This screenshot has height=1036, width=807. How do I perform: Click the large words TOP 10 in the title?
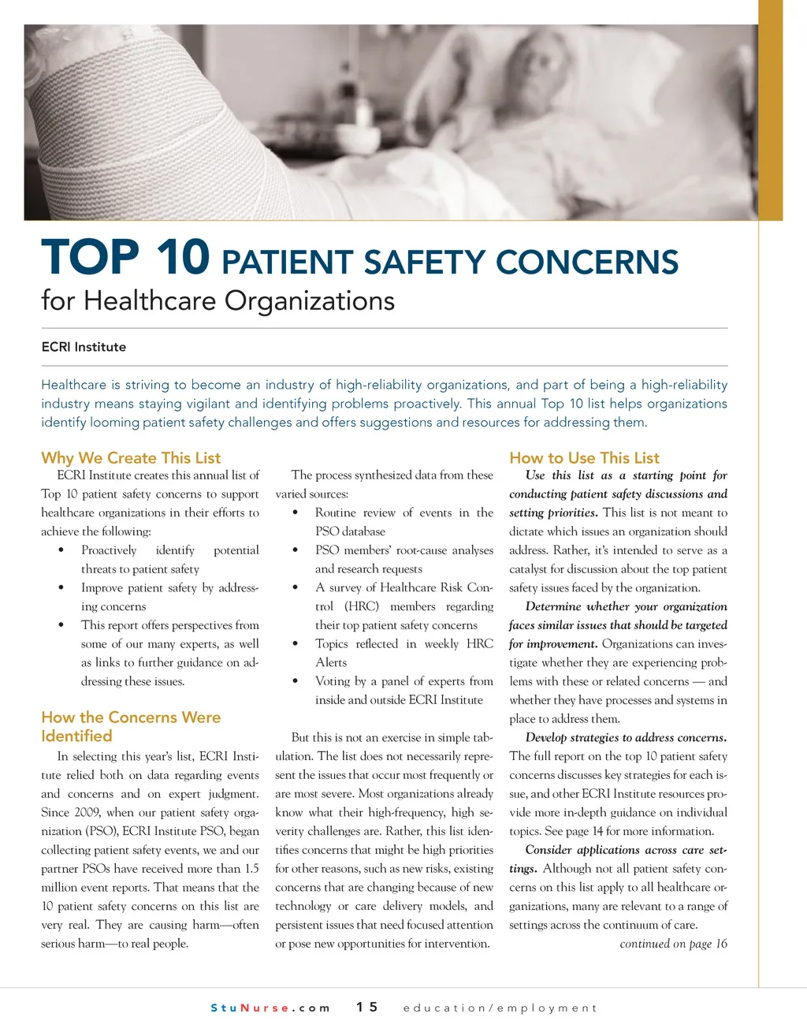coord(125,259)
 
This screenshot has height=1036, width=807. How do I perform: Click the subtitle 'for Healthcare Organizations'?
coord(218,300)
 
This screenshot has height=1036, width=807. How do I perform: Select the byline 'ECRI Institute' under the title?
coord(84,347)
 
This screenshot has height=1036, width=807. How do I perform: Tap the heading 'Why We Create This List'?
coord(131,458)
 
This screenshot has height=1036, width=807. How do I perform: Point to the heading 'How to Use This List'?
coord(584,458)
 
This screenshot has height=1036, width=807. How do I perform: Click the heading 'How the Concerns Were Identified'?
coord(130,726)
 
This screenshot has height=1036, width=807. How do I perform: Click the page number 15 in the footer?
coord(366,1007)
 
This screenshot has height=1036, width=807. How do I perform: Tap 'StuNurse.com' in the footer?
coord(270,1008)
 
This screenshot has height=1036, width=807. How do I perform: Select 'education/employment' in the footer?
coord(500,1008)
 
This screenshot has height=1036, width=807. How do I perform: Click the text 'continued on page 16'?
coord(673,944)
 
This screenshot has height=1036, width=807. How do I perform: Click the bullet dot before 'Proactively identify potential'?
coord(61,550)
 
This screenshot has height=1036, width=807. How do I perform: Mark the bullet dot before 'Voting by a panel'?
coord(295,681)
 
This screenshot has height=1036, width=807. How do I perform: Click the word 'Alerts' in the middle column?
coord(331,662)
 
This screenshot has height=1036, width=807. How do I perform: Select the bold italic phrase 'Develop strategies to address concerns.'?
coord(626,738)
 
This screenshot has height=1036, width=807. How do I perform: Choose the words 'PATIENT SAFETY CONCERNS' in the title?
coord(450,263)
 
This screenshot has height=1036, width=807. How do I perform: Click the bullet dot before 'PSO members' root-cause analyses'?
coord(295,550)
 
